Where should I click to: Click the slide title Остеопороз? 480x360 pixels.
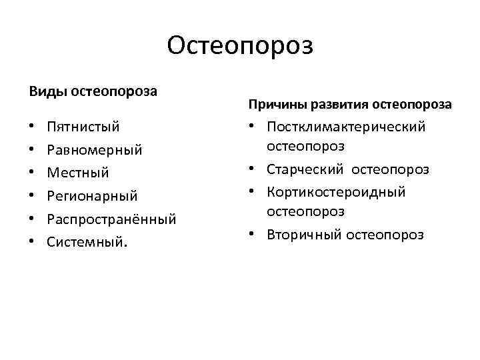pyautogui.click(x=240, y=46)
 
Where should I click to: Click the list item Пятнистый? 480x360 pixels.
pyautogui.click(x=83, y=126)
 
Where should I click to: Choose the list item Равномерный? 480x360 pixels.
pyautogui.click(x=95, y=149)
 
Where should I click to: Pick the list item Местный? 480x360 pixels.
pyautogui.click(x=77, y=173)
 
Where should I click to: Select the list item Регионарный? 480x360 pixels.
pyautogui.click(x=92, y=196)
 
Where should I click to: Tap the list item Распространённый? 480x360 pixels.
pyautogui.click(x=111, y=219)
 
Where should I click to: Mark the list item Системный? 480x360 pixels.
pyautogui.click(x=85, y=242)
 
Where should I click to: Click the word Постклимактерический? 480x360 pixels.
pyautogui.click(x=346, y=127)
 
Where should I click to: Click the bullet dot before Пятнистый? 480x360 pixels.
pyautogui.click(x=33, y=127)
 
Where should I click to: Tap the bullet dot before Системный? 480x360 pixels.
pyautogui.click(x=33, y=243)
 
